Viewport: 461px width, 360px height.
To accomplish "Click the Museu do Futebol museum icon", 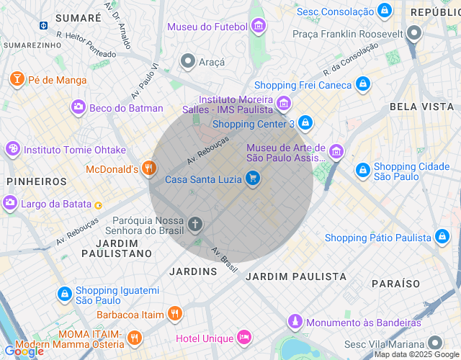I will (259, 27).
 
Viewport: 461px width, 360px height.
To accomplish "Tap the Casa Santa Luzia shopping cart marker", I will (252, 178).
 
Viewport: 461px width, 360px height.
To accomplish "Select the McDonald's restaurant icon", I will (149, 169).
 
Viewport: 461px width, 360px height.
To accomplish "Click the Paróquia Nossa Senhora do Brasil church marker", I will (194, 225).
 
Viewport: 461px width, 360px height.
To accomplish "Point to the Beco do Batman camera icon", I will (78, 108).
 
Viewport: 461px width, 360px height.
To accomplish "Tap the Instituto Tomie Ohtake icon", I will (12, 150).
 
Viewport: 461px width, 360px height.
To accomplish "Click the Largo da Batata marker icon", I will (10, 204).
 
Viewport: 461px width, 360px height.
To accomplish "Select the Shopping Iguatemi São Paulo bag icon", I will (65, 294).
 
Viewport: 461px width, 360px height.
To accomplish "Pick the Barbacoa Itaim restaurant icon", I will (174, 314).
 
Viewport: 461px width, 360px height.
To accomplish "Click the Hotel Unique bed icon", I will (244, 338).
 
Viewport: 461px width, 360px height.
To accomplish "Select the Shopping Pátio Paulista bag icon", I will (442, 238).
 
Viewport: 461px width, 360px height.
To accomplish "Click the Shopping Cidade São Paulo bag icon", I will (362, 171).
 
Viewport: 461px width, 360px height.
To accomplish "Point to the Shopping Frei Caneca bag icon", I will (363, 85).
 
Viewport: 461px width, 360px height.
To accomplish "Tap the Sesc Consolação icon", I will (385, 11).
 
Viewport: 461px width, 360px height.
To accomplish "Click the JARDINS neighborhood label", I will (193, 271).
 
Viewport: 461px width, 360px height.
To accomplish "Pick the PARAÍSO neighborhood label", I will (395, 284).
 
